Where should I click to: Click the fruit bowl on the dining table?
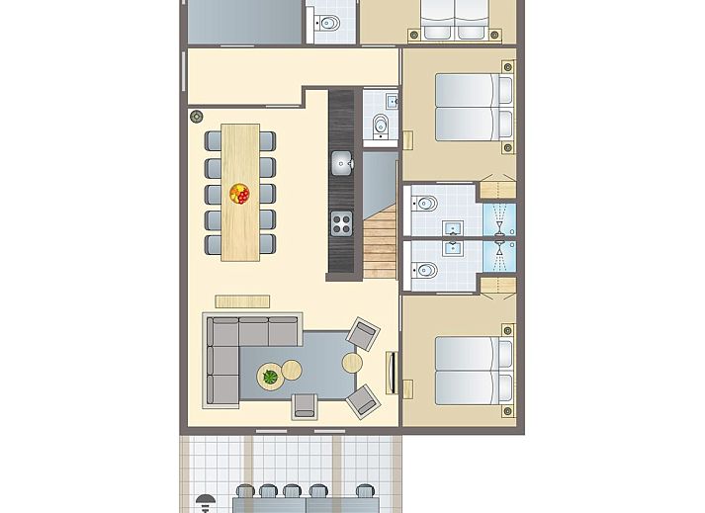click(239, 194)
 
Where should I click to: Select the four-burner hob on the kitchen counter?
click(342, 223)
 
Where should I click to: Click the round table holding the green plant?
click(270, 377)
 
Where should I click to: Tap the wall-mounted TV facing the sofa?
click(394, 373)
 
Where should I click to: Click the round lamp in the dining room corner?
click(196, 116)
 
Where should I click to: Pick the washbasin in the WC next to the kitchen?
click(392, 100)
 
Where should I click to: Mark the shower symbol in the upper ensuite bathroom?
click(500, 220)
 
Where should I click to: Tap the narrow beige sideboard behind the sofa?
click(242, 301)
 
